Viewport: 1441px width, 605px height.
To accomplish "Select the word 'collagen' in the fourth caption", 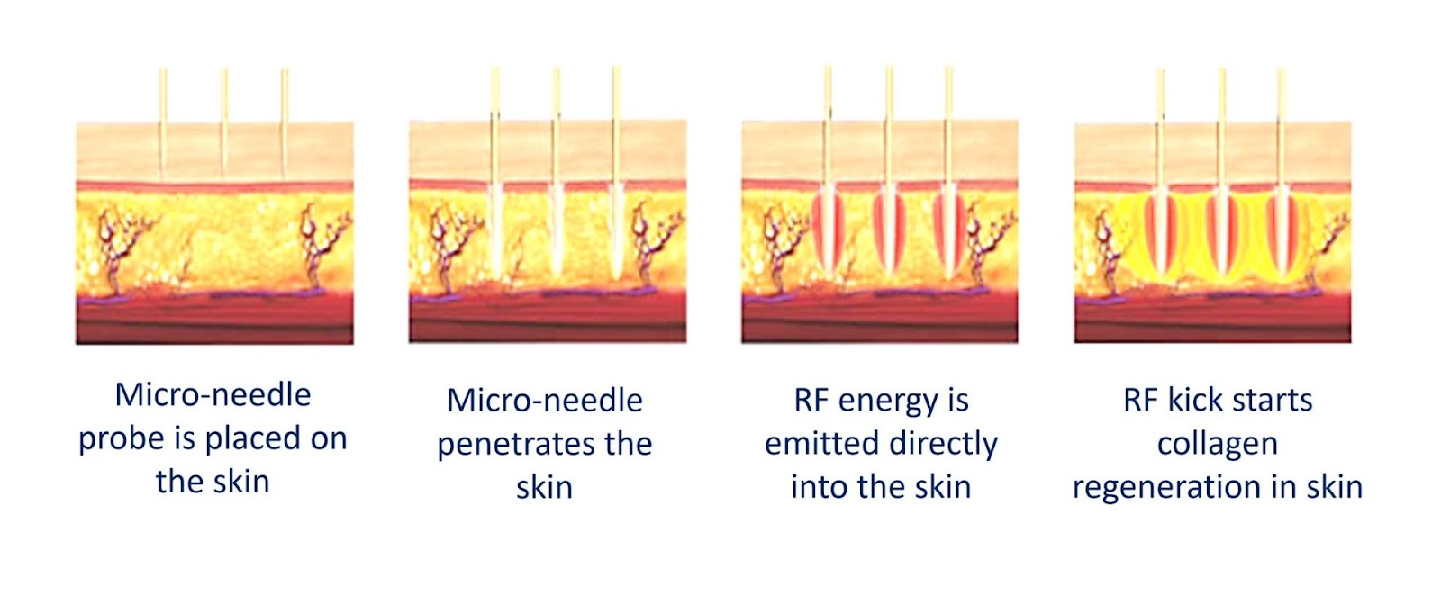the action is (1217, 445).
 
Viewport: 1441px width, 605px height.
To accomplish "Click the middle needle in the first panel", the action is (224, 122).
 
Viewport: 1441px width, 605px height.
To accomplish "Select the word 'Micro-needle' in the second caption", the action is (545, 401).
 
